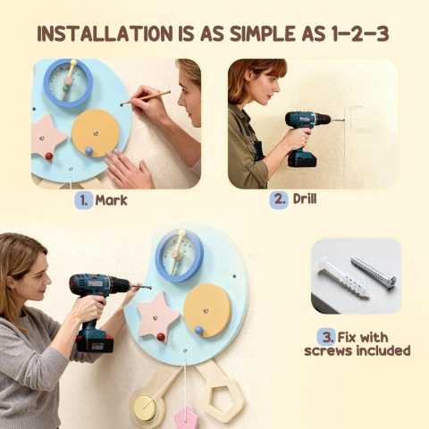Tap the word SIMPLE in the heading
pos(261,34)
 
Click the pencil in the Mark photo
pos(146,97)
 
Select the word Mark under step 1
pos(111,200)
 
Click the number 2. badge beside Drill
pos(279,199)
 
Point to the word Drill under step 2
pos(305,198)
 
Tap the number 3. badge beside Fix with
pos(327,338)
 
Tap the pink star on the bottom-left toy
pos(158,314)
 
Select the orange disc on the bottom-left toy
pos(207,310)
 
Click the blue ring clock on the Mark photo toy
pos(68,83)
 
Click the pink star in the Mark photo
pos(48,137)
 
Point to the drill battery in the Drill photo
pos(301,159)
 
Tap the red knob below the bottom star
pos(161,338)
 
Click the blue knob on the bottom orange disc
pos(198,330)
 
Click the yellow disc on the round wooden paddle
pos(145,407)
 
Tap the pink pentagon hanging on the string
pos(186,419)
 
